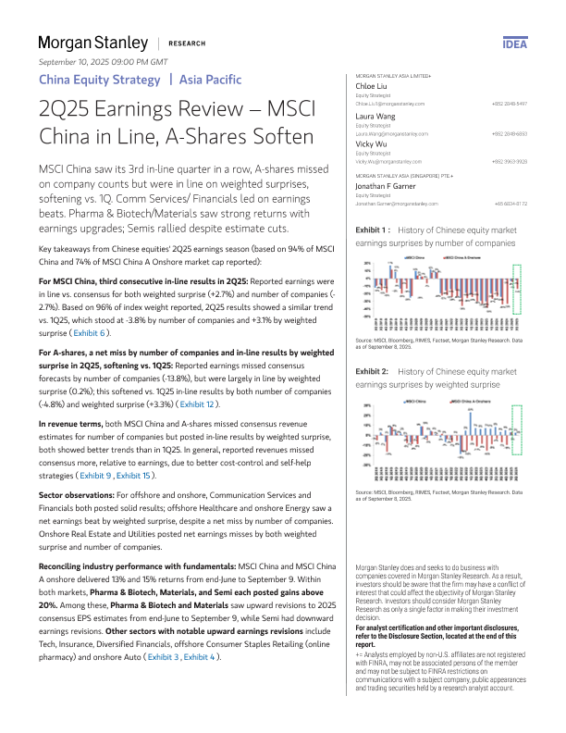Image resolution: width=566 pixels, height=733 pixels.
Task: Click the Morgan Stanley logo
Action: pyautogui.click(x=92, y=43)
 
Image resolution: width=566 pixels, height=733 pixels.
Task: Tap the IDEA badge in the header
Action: pyautogui.click(x=514, y=43)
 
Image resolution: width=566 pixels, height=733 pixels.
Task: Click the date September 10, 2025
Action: pyautogui.click(x=103, y=61)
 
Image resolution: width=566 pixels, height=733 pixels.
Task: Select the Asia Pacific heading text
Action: pyautogui.click(x=211, y=80)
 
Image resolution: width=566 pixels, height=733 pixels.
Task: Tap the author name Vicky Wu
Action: pyautogui.click(x=373, y=144)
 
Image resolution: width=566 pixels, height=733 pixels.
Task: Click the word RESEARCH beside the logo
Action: pyautogui.click(x=188, y=43)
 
